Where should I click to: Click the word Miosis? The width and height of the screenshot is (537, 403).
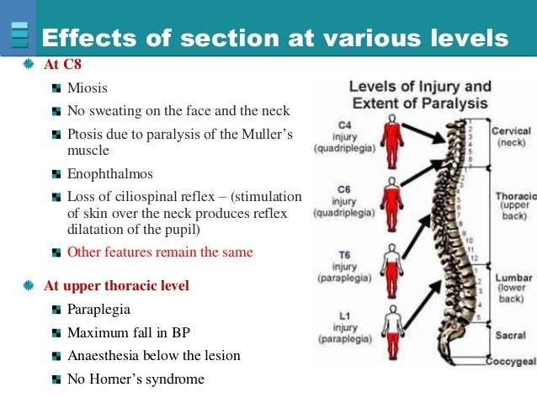pyautogui.click(x=87, y=87)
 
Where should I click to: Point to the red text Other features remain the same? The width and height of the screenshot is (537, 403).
pyautogui.click(x=160, y=252)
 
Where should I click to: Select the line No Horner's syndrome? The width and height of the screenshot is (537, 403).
pyautogui.click(x=136, y=379)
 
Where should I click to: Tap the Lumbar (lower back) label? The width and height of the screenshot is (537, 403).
pyautogui.click(x=513, y=286)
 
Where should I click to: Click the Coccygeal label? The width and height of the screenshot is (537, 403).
pyautogui.click(x=511, y=362)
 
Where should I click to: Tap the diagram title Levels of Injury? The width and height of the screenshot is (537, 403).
pyautogui.click(x=420, y=86)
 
